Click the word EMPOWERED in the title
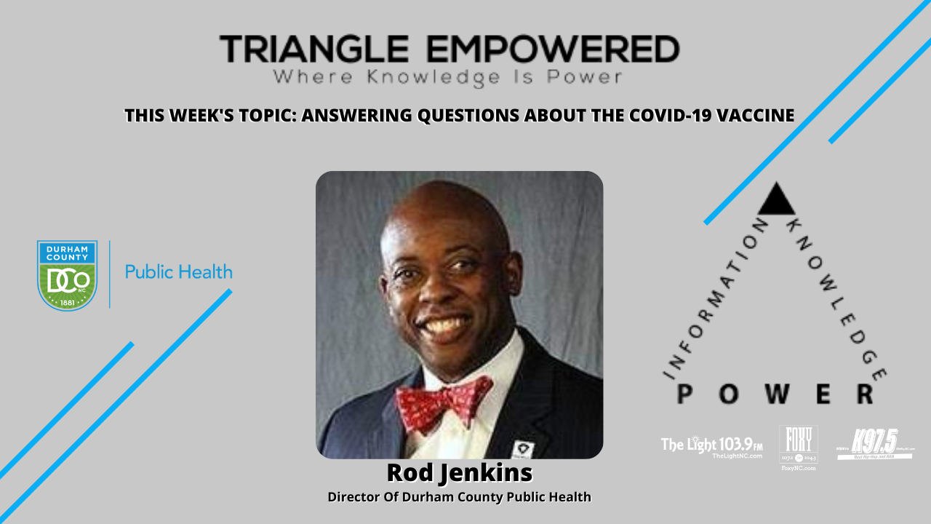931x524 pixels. tap(553, 49)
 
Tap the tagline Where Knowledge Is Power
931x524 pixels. tap(447, 76)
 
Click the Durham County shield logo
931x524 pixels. tap(67, 275)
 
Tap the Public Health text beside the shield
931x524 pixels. tap(178, 272)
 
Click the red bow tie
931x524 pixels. tap(444, 401)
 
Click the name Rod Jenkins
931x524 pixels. tap(459, 473)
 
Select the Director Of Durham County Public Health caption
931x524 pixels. tap(459, 497)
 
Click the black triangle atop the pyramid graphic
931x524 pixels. tap(777, 199)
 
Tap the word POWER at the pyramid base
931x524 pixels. tap(775, 394)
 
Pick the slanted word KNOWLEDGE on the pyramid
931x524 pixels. tap(836, 298)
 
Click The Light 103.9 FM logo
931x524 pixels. tap(711, 445)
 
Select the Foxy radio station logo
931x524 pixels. tap(798, 447)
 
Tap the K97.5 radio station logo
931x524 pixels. tap(875, 444)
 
